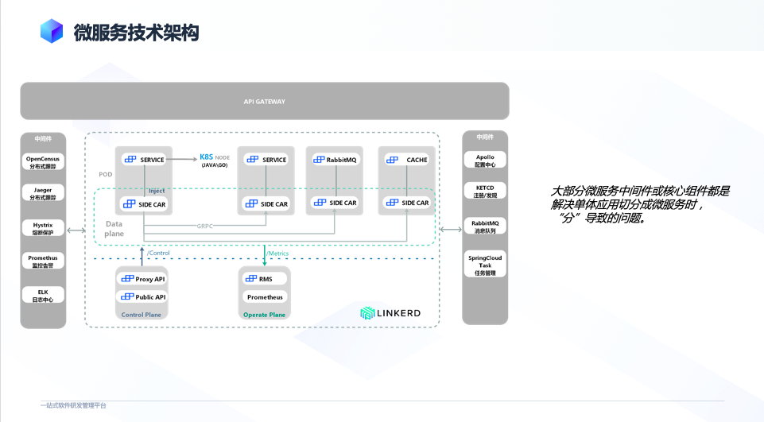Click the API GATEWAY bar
coord(264,102)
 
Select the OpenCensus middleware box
coord(43,163)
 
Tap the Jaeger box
coord(43,194)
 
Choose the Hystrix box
coord(43,229)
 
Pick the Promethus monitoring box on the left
coord(43,261)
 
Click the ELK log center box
coord(43,296)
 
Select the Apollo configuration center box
coord(485,161)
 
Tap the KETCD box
coord(485,192)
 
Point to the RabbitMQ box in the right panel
coord(485,227)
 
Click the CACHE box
coord(406,160)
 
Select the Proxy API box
coord(144,279)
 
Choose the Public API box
coord(144,297)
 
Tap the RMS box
coord(265,279)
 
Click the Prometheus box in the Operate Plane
coord(265,297)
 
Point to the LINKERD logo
coord(390,313)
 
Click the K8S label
coord(206,157)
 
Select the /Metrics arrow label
coord(277,253)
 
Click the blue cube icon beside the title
coord(52,31)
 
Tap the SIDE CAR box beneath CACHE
coord(406,203)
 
